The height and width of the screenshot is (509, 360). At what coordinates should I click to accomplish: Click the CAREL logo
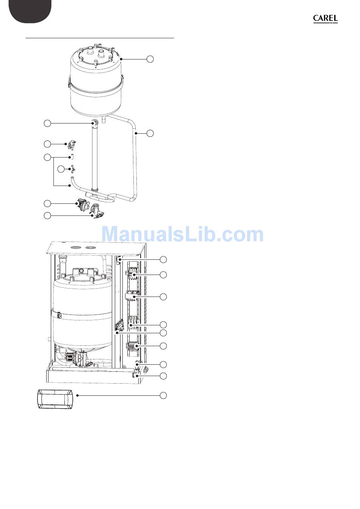(325, 19)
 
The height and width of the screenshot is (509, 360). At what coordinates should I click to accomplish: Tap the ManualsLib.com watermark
(182, 234)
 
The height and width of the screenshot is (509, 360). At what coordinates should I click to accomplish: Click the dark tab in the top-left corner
(30, 11)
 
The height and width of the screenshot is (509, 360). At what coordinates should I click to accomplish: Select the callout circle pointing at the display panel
(163, 395)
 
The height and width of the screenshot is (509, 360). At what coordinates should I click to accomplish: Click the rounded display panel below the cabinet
(55, 400)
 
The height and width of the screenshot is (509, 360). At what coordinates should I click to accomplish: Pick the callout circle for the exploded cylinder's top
(150, 59)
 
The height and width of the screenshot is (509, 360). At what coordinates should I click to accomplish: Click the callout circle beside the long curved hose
(150, 133)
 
